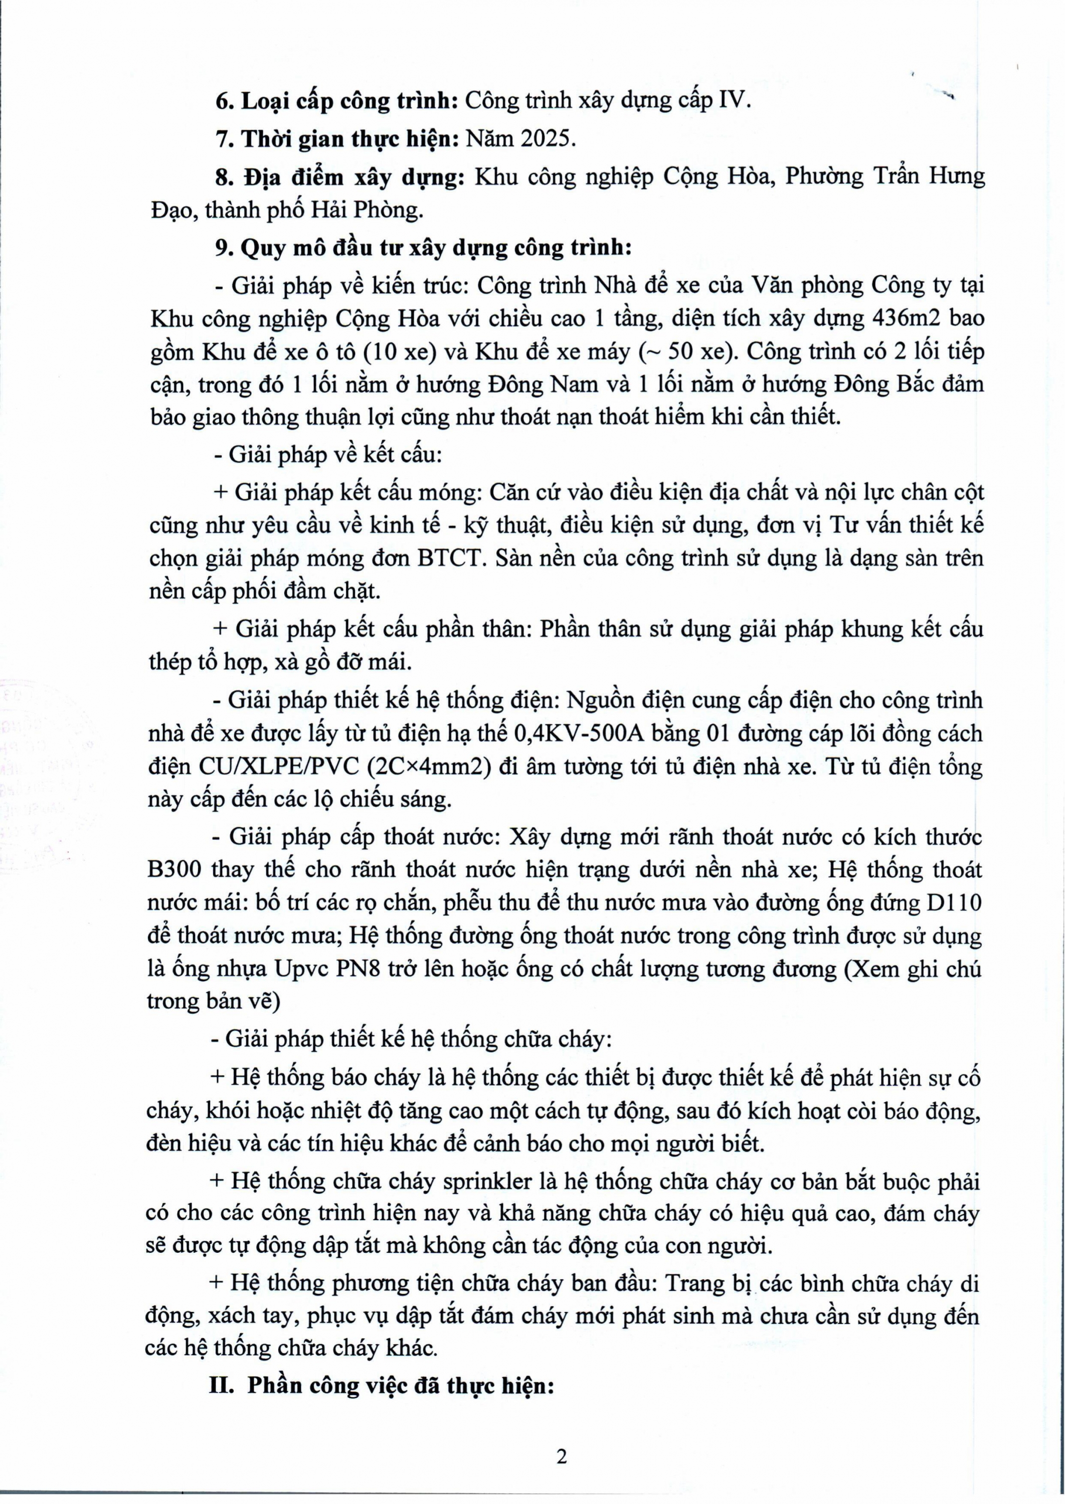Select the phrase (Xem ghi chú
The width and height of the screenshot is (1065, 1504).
coord(912,969)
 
